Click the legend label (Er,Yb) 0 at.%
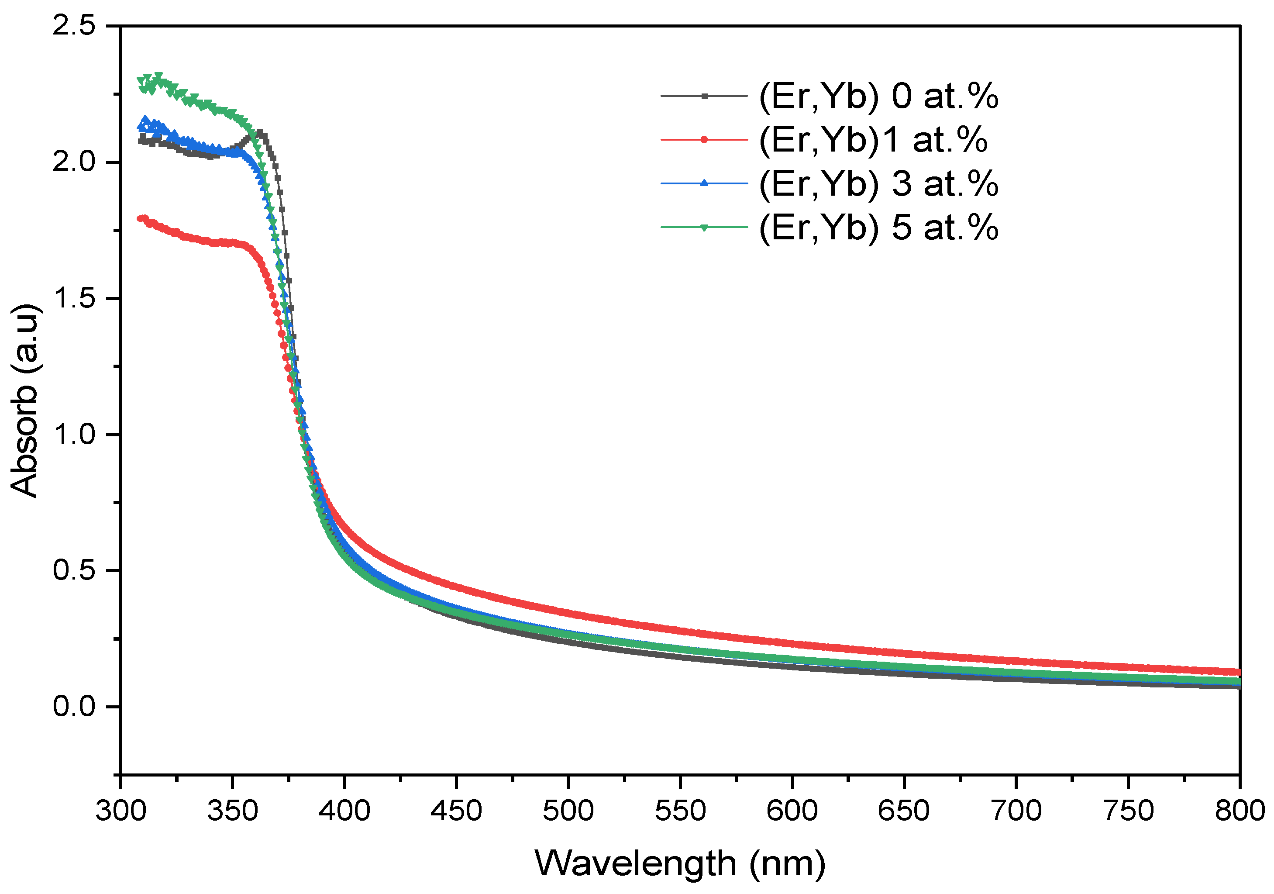(878, 96)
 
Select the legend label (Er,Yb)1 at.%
(873, 139)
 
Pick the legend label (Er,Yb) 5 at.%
(878, 227)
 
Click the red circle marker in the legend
(704, 139)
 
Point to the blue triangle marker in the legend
(704, 183)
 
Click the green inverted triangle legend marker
(704, 227)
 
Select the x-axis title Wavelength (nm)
(680, 863)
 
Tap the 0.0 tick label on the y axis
(74, 707)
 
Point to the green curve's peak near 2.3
(158, 77)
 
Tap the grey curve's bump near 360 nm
(259, 133)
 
